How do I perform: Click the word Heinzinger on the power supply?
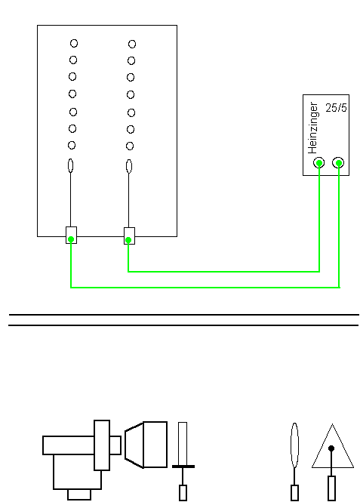312,128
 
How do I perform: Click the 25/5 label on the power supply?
336,108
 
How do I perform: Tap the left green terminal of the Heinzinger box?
319,163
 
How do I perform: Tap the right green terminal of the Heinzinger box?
339,163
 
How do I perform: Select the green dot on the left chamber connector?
71,239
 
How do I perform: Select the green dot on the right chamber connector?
128,240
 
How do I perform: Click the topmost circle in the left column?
74,43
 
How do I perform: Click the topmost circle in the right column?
132,44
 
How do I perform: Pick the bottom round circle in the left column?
72,146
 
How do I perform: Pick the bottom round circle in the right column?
130,146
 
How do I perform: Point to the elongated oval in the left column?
71,166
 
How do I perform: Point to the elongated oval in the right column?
128,167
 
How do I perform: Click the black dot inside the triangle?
331,448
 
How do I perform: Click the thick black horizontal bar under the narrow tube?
183,467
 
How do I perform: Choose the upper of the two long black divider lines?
184,315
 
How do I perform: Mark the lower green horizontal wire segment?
205,288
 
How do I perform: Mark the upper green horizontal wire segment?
223,272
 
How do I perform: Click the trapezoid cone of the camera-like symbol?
134,445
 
